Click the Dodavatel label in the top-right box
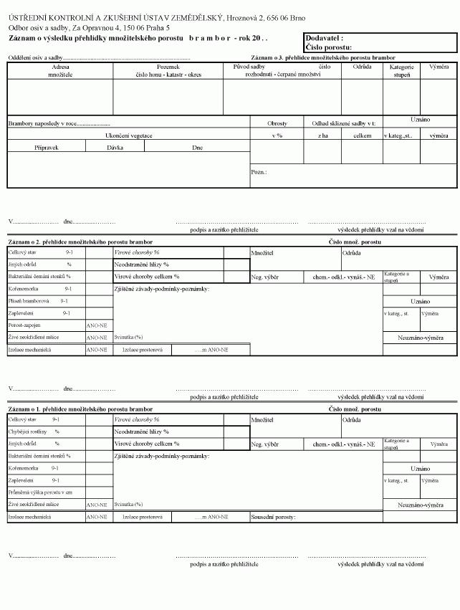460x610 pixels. click(x=324, y=38)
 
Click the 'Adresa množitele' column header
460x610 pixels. click(x=61, y=70)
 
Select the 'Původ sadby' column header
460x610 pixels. click(x=249, y=67)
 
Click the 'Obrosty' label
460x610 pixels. click(x=277, y=123)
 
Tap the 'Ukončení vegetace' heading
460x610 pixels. click(x=129, y=135)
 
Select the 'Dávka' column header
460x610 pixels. click(x=115, y=148)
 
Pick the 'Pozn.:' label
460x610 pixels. click(x=259, y=172)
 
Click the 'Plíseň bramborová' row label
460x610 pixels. click(x=29, y=301)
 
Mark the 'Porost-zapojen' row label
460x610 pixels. click(x=25, y=325)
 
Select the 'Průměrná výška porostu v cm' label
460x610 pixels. click(x=41, y=492)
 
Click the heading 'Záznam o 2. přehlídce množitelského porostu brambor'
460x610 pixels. click(x=80, y=242)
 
